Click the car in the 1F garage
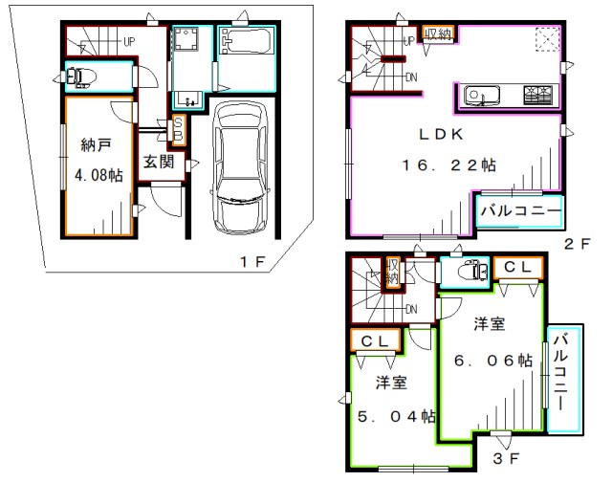point(240,167)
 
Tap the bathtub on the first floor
point(246,41)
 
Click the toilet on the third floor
point(472,270)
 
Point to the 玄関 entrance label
point(159,162)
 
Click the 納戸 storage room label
point(96,145)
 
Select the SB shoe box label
point(178,129)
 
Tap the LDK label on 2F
point(441,134)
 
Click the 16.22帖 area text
point(448,165)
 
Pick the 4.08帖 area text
point(98,175)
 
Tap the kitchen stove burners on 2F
point(537,96)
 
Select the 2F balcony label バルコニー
point(521,210)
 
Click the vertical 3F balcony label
point(560,372)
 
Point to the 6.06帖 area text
point(493,361)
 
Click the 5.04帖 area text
point(397,416)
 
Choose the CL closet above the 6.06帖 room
point(518,268)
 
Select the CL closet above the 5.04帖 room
point(375,341)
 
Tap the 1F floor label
point(252,261)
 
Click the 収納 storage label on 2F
point(439,34)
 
